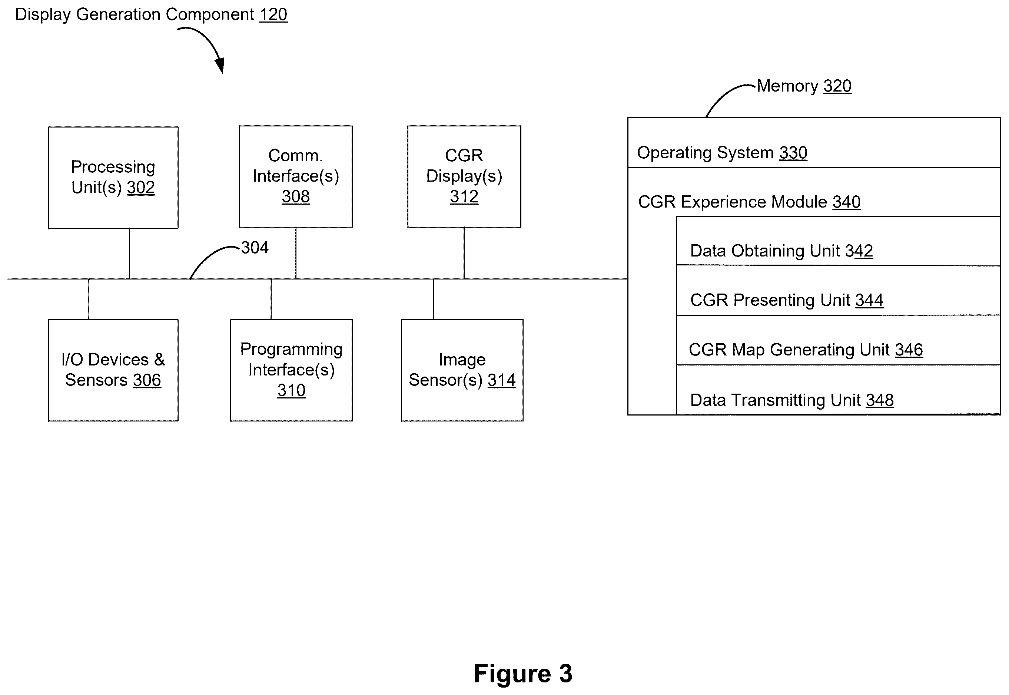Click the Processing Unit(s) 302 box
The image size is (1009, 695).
coord(113,178)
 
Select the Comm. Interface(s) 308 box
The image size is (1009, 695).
coord(296,176)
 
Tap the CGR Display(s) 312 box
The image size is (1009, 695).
coord(464,176)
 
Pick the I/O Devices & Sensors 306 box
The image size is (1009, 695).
coord(113,370)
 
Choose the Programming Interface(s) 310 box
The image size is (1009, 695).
coord(291,370)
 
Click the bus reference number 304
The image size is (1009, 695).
coord(255,247)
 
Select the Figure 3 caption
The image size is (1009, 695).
coord(523,673)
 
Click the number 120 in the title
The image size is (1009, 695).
coord(273,14)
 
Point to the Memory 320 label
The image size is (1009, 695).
coord(804,86)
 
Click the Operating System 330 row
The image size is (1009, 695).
coord(814,142)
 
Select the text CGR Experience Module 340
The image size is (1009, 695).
coord(749,202)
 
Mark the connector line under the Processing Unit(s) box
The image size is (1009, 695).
coord(129,254)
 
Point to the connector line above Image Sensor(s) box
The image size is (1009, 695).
coord(433,299)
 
